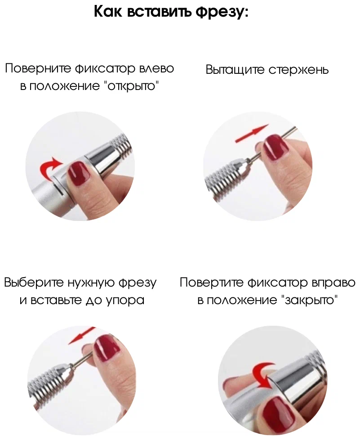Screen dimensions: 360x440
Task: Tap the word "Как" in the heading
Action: click(x=108, y=12)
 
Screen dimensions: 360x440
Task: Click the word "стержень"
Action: click(x=298, y=70)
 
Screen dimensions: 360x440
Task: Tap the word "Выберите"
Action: click(x=34, y=282)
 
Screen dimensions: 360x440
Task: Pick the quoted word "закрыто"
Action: click(x=308, y=300)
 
